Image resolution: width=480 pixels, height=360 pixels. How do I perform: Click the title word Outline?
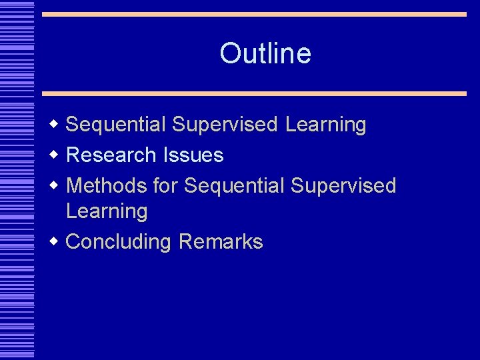point(265,53)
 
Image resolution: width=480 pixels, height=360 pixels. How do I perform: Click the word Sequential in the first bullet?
point(116,125)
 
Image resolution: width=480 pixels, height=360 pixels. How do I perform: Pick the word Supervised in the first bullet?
point(225,125)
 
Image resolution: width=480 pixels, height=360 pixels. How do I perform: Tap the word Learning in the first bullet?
point(325,125)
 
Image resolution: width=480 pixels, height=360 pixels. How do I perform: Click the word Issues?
point(193,155)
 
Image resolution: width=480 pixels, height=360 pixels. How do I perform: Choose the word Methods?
point(107,185)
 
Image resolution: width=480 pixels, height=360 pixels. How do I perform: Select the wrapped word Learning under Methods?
point(107,211)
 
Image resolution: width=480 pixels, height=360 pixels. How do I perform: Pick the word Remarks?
point(221,241)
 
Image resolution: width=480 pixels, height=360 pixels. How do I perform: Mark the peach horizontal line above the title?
point(254,14)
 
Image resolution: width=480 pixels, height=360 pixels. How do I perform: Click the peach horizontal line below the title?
point(254,93)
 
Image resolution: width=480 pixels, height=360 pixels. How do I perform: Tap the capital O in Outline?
point(230,53)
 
